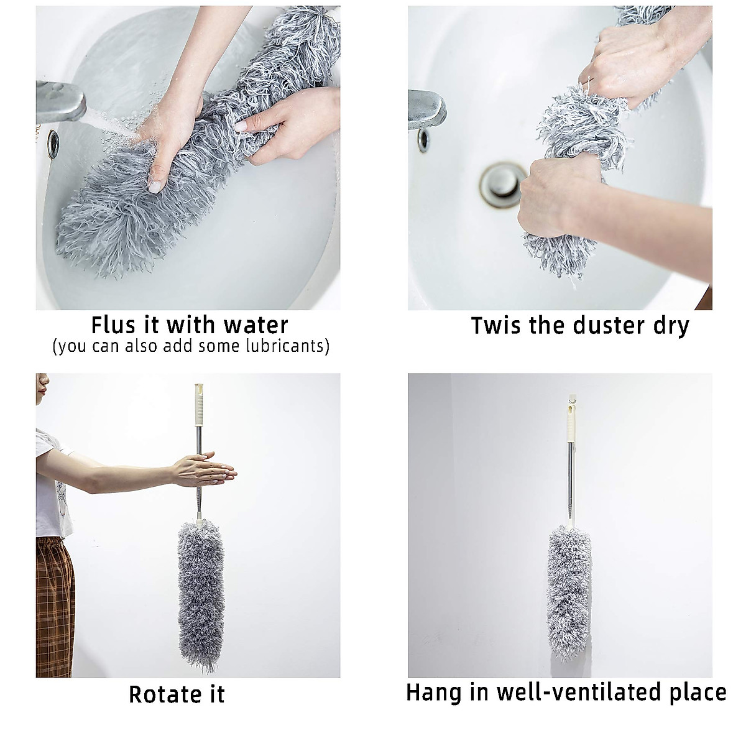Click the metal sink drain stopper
(500, 185)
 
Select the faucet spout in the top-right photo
(426, 109)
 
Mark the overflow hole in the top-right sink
(423, 140)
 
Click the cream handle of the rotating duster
(199, 404)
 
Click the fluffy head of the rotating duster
(200, 591)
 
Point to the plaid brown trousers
(54, 606)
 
